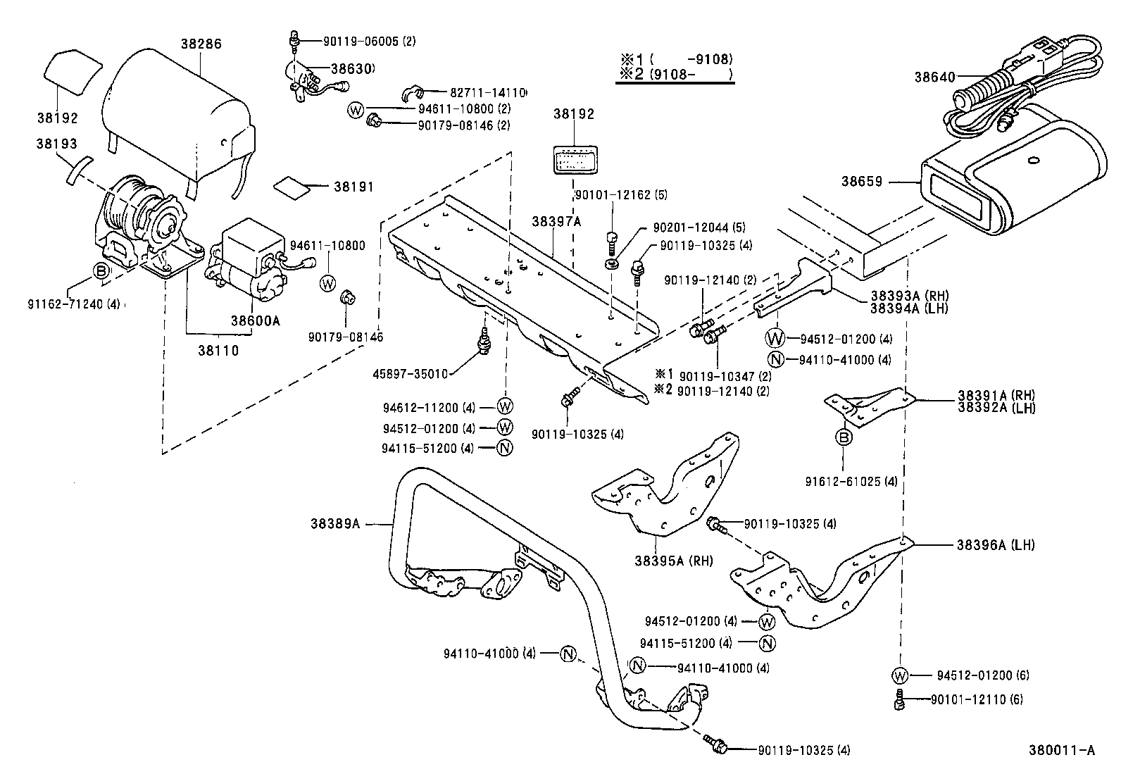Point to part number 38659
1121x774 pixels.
pos(861,181)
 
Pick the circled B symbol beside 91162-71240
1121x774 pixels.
pos(102,270)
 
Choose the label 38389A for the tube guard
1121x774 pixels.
pos(334,523)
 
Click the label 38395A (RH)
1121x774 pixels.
pos(673,561)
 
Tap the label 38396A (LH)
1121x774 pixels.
pos(995,544)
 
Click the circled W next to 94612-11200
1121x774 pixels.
pos(506,406)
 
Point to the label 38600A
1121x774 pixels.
pos(255,320)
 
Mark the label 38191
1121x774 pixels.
pos(353,187)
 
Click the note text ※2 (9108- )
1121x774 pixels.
pos(675,74)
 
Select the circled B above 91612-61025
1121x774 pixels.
pos(844,438)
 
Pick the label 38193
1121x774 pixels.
pos(56,144)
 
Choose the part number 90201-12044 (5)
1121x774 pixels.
pos(699,227)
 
